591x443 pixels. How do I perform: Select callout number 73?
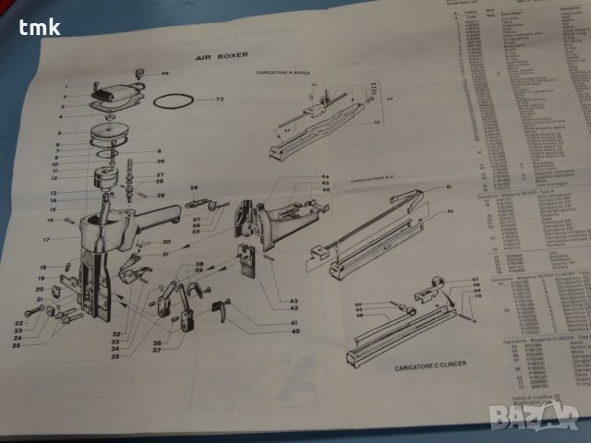coord(221,99)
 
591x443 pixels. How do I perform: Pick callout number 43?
coord(293,300)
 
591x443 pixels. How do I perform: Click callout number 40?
coord(295,329)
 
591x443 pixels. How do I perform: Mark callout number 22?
coord(18,322)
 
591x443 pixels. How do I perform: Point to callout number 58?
coord(194,189)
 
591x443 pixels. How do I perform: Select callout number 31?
coord(166,254)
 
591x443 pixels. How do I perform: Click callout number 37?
coord(159,349)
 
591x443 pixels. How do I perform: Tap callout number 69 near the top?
coord(165,72)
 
